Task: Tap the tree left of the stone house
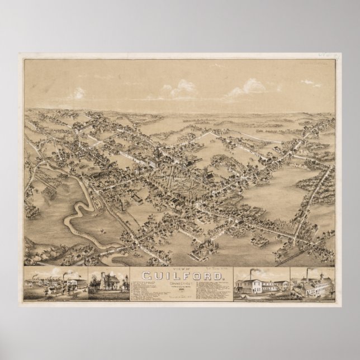pyautogui.click(x=96, y=282)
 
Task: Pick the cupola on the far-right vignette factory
pyautogui.click(x=307, y=273)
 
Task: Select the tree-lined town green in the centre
pyautogui.click(x=184, y=193)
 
